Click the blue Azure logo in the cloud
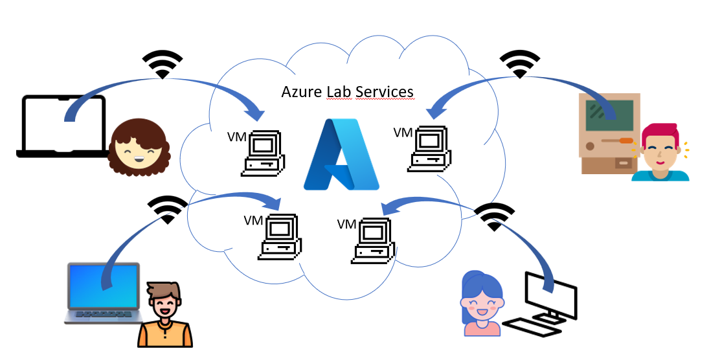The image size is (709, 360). point(341,155)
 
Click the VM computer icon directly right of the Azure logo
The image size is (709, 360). point(429,150)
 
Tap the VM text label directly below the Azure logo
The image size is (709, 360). point(347,225)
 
